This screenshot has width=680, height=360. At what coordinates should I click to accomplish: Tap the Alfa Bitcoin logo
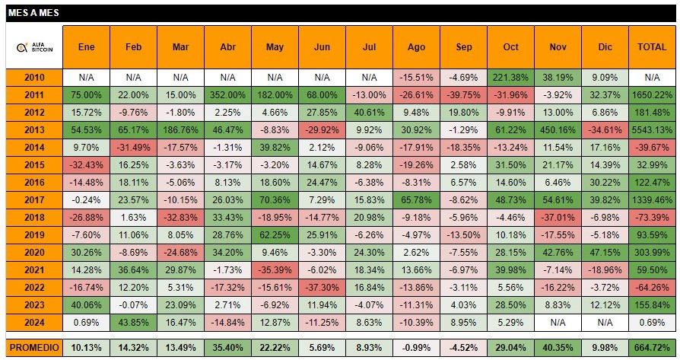tap(33, 46)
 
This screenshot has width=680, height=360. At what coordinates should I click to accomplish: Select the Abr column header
tap(227, 46)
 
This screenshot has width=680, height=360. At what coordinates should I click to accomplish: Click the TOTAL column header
tap(651, 46)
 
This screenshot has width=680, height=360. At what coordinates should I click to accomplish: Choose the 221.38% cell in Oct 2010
tap(510, 78)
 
